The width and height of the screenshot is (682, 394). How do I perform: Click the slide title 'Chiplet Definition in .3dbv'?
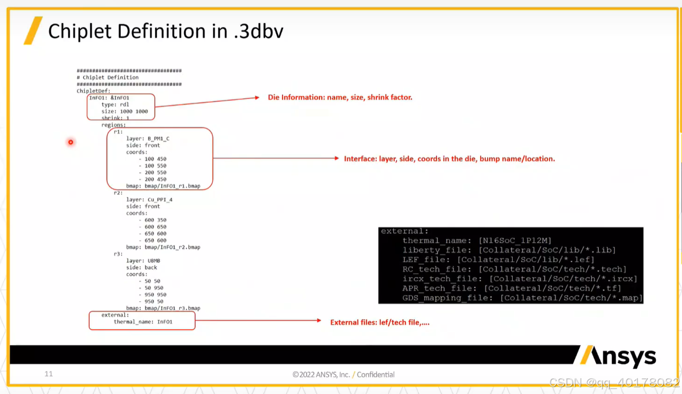[165, 32]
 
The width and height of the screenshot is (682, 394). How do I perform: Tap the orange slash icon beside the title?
[33, 31]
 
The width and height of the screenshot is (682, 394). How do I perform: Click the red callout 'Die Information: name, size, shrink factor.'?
[340, 97]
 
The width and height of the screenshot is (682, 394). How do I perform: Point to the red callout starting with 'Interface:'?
[449, 159]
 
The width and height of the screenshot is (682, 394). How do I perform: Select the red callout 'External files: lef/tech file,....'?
[379, 322]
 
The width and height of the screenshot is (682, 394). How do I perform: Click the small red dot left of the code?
[70, 142]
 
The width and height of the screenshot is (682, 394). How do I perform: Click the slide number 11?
[48, 374]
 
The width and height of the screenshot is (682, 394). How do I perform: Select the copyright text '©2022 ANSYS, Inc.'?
[321, 375]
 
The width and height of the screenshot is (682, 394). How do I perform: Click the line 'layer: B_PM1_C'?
[148, 139]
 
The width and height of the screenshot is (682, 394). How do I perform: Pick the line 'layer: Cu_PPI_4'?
[149, 200]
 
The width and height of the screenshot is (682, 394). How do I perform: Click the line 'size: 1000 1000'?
[124, 111]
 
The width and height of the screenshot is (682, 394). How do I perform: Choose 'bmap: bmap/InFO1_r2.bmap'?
[163, 247]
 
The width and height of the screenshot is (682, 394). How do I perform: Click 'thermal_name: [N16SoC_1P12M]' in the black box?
[476, 241]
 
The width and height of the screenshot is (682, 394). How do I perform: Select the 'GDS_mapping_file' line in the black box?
[522, 298]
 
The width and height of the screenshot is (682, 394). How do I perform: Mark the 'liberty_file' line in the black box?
[509, 250]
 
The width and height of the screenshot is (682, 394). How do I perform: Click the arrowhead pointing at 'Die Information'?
[257, 97]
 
